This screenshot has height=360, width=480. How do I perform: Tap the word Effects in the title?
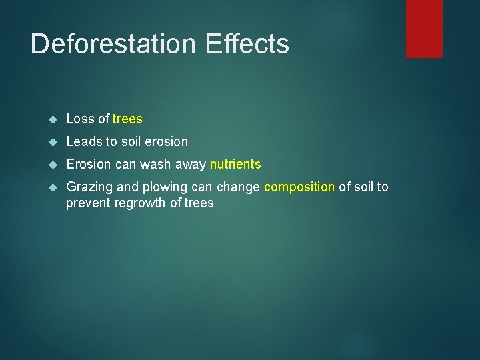click(x=247, y=44)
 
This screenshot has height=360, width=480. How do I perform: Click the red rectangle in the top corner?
click(x=424, y=28)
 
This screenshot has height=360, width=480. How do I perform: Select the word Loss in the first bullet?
click(x=81, y=119)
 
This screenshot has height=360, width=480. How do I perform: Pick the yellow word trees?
click(x=127, y=119)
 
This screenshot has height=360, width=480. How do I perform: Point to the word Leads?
click(x=83, y=142)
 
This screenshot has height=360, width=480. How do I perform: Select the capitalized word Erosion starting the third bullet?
click(x=88, y=165)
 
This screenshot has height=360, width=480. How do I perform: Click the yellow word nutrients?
click(x=235, y=165)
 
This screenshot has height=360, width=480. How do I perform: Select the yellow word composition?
click(x=299, y=187)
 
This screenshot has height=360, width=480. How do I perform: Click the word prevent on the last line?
click(x=88, y=203)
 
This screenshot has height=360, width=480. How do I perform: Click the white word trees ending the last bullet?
click(x=199, y=203)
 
